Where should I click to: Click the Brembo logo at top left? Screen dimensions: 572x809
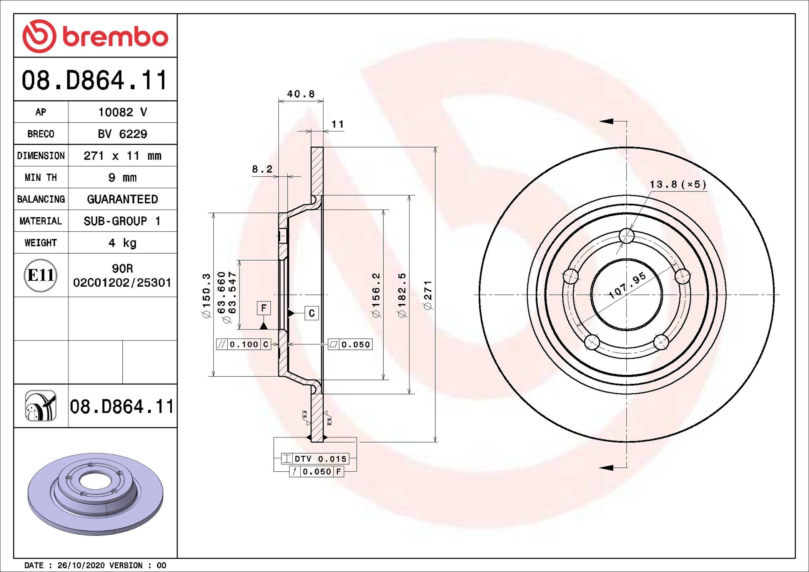pos(95,36)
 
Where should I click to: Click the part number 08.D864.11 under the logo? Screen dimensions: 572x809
pos(95,80)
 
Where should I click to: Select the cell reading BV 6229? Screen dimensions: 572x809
pos(122,134)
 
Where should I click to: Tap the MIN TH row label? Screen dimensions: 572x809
pos(41,178)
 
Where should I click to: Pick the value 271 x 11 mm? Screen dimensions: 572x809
pos(122,156)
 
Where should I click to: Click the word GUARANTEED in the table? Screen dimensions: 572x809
pos(122,199)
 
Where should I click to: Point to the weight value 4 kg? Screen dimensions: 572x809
pos(122,243)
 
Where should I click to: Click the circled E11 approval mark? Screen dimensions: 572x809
pos(41,275)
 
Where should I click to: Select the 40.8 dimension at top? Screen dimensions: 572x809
pos(301,94)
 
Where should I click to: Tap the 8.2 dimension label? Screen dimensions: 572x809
pos(262,169)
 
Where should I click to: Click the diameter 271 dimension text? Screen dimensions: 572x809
pos(428,295)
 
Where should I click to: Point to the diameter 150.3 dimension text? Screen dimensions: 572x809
pos(206,295)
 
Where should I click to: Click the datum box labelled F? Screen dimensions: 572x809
pos(264,308)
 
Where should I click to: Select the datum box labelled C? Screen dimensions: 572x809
pos(311,313)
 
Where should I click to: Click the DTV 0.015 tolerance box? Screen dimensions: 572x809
pos(320,459)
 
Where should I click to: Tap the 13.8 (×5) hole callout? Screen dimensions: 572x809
pos(678,185)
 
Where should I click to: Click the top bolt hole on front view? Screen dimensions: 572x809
pos(627,236)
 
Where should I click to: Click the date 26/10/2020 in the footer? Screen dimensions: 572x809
pos(81,565)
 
